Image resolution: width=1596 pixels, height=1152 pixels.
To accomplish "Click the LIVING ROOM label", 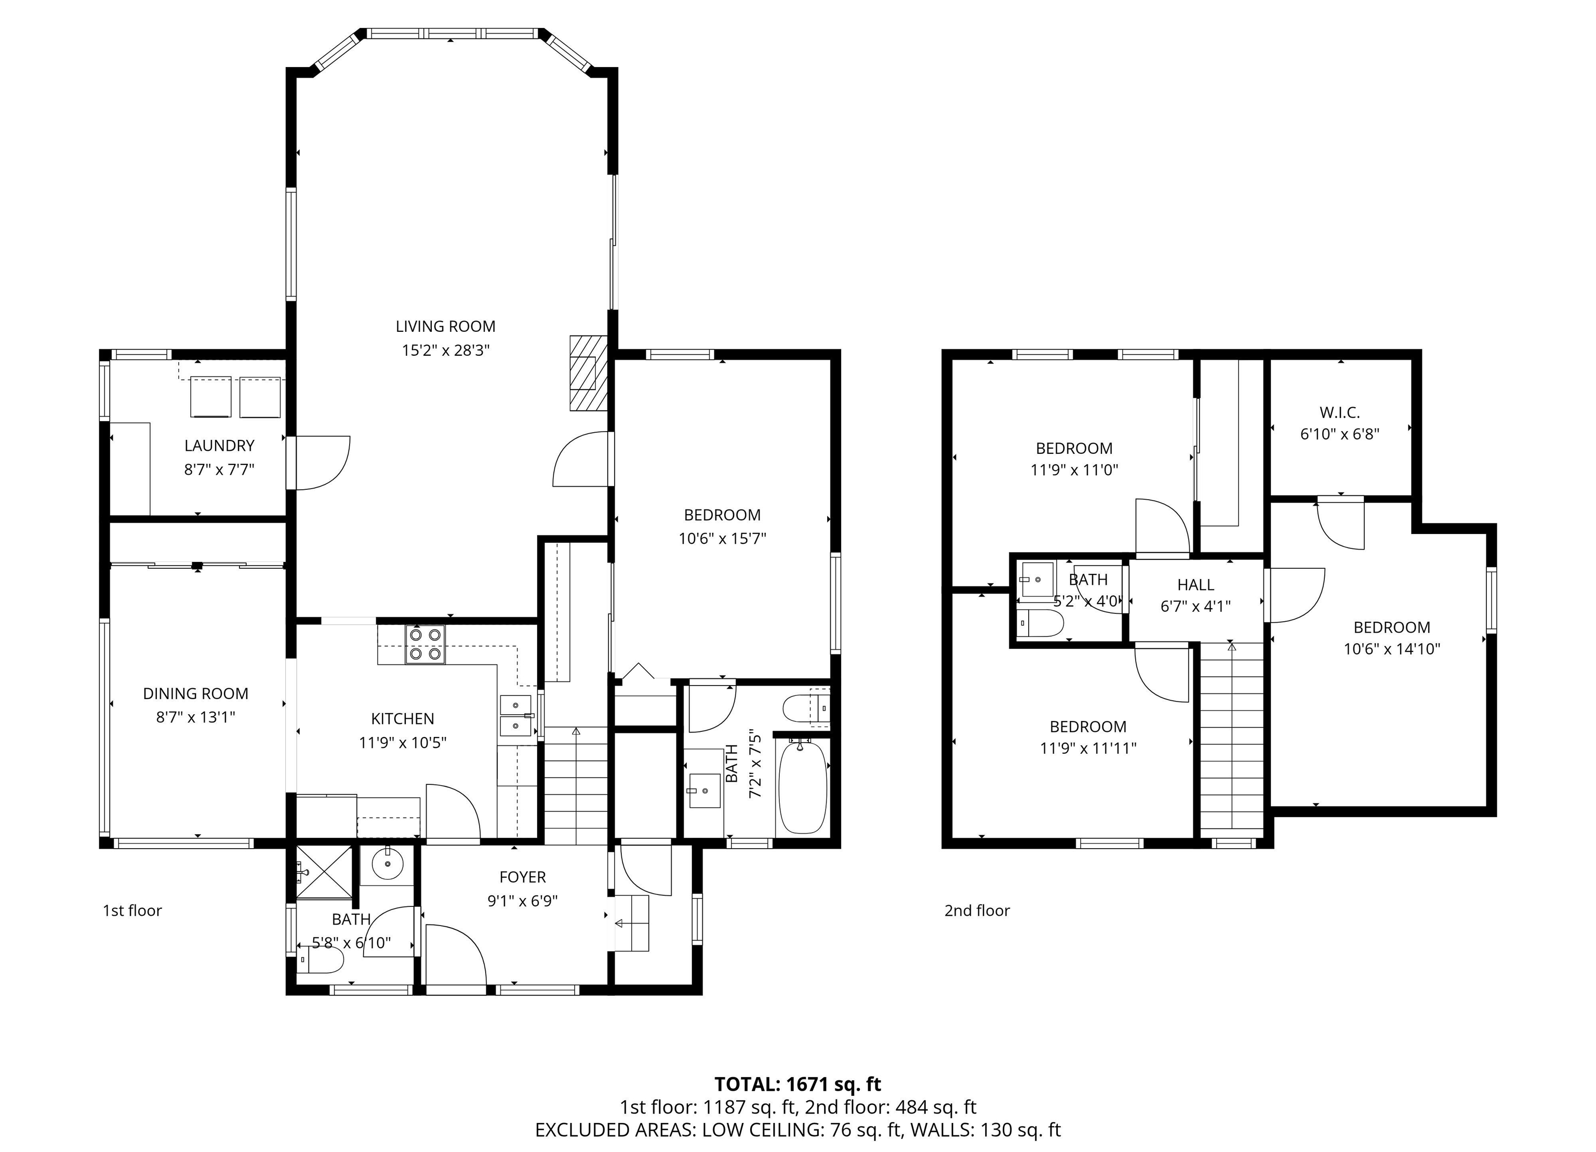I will pyautogui.click(x=445, y=326).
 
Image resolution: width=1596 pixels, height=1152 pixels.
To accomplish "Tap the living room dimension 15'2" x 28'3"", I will pyautogui.click(x=445, y=350).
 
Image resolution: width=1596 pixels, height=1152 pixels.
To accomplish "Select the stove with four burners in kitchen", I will pyautogui.click(x=425, y=644).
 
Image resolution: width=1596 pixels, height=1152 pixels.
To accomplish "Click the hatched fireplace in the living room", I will pyautogui.click(x=588, y=373).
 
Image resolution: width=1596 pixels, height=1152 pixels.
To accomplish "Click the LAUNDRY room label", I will pyautogui.click(x=219, y=445).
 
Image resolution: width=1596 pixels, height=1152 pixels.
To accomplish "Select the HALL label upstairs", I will pyautogui.click(x=1195, y=584).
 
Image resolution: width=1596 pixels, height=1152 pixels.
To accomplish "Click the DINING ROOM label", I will pyautogui.click(x=196, y=693).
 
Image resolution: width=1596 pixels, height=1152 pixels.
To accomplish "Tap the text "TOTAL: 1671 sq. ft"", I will pyautogui.click(x=797, y=1084).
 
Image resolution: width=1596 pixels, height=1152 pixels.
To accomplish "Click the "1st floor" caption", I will pyautogui.click(x=132, y=911).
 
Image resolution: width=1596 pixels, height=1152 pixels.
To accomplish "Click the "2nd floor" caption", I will pyautogui.click(x=977, y=911).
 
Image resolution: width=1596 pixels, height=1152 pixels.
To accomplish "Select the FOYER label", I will pyautogui.click(x=522, y=877).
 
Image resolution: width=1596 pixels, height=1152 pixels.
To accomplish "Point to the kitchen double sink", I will pyautogui.click(x=516, y=715).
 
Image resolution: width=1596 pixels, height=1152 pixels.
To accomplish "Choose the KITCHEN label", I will pyautogui.click(x=403, y=719).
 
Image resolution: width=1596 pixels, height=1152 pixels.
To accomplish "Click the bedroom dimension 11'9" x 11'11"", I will pyautogui.click(x=1088, y=748).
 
